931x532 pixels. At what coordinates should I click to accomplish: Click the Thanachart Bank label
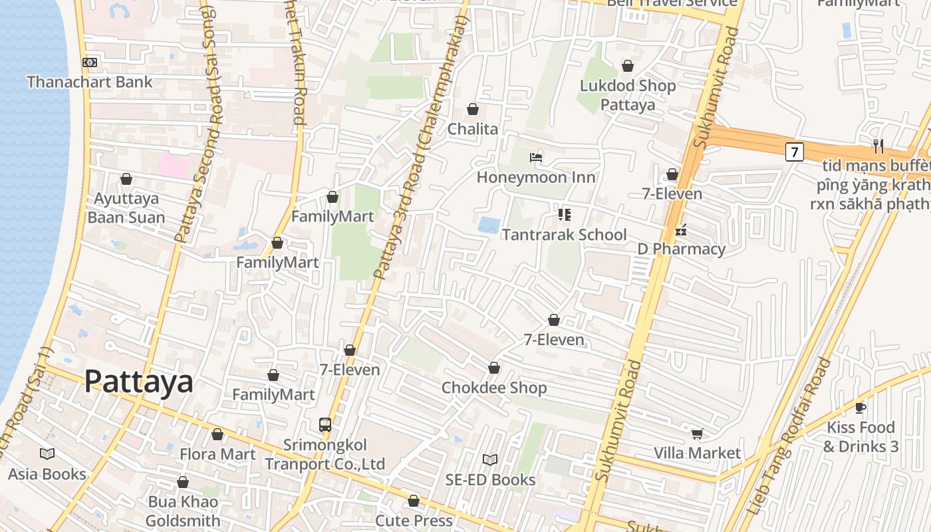click(90, 82)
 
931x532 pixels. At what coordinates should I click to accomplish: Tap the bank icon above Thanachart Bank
click(90, 63)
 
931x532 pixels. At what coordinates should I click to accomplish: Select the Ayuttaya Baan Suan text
click(126, 208)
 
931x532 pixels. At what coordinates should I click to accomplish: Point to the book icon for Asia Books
click(47, 454)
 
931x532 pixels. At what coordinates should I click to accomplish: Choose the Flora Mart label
click(217, 454)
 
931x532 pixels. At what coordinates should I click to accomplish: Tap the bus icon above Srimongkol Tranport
click(325, 424)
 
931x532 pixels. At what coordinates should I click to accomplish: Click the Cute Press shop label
click(414, 520)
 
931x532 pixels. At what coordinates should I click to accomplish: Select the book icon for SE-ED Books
click(490, 460)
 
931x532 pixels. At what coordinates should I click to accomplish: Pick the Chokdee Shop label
click(494, 388)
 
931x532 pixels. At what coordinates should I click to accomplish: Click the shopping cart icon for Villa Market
click(697, 434)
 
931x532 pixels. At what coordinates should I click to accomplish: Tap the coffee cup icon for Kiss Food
click(861, 408)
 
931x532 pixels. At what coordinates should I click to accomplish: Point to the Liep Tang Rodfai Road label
click(789, 436)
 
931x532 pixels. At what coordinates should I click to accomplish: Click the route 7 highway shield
click(794, 152)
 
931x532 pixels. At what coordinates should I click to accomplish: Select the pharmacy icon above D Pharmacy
click(681, 231)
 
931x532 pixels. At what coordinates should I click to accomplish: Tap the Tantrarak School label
click(564, 235)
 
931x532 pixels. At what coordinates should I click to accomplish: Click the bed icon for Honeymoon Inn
click(536, 158)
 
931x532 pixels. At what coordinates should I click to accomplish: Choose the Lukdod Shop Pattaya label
click(628, 95)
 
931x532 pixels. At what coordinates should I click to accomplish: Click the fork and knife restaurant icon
click(878, 146)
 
